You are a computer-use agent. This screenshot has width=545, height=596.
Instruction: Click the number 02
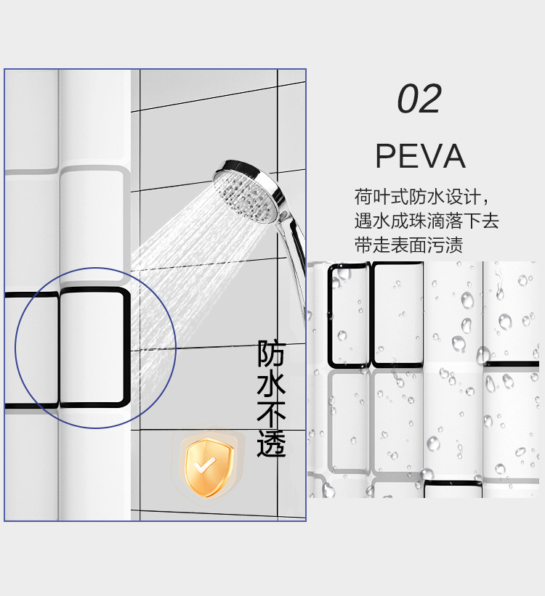[419, 99]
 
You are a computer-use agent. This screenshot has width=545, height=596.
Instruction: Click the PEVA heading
[420, 156]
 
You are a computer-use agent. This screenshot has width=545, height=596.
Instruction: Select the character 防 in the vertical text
[272, 354]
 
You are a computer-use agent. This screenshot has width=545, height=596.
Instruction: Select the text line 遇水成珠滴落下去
[427, 221]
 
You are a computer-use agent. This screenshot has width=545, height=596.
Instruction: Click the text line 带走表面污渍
[408, 245]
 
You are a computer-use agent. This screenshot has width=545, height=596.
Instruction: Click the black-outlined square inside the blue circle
[94, 346]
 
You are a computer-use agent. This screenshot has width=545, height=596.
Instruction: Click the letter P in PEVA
[386, 156]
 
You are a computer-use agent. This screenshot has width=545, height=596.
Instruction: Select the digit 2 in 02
[430, 99]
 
